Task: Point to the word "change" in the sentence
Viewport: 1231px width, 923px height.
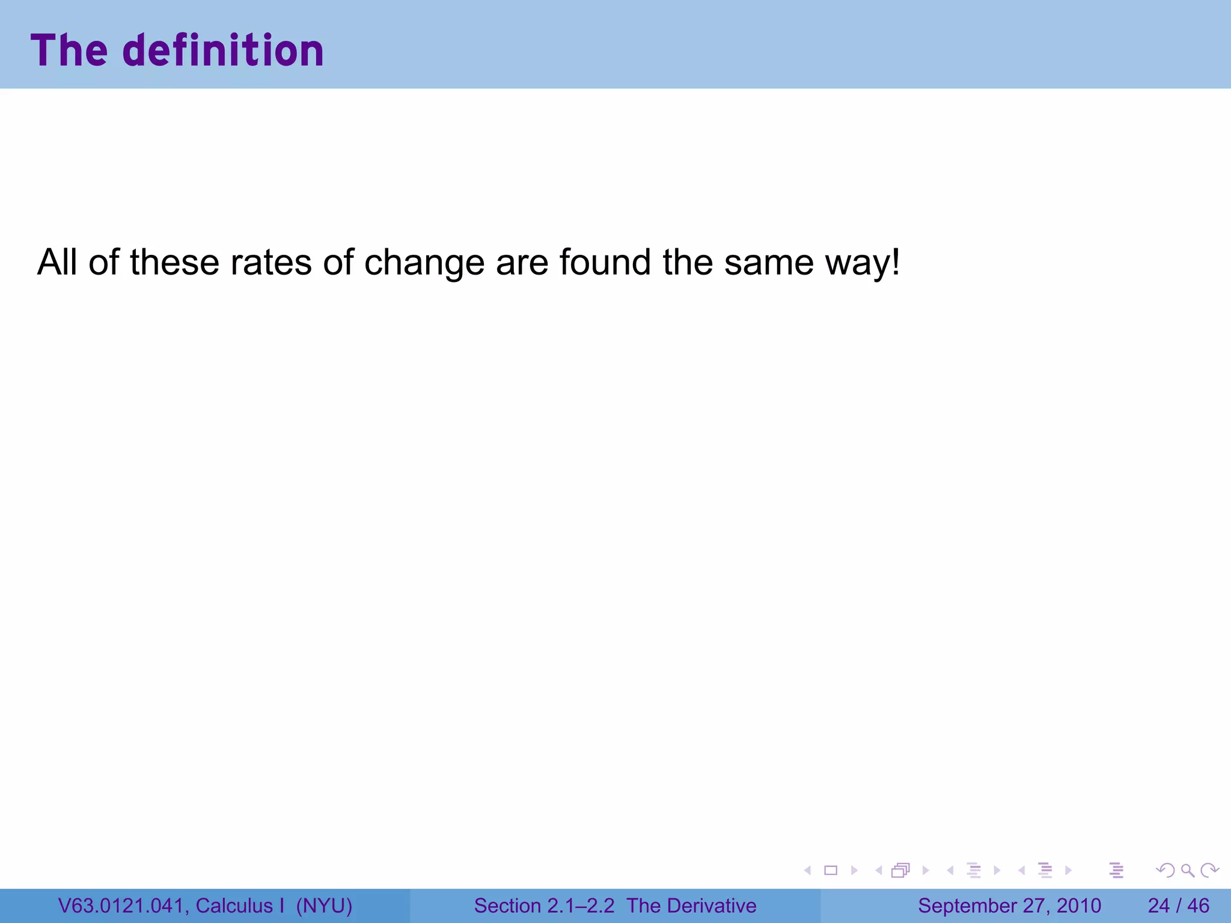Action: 424,264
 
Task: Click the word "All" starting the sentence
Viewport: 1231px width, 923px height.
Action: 57,263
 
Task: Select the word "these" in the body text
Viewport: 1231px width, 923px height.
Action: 174,263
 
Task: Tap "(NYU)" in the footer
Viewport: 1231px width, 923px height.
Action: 324,906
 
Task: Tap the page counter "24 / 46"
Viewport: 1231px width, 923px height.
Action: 1178,906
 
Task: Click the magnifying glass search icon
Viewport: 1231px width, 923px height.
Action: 1187,870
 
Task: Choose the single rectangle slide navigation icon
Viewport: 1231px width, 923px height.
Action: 831,870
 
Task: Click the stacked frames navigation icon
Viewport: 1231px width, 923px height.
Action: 900,870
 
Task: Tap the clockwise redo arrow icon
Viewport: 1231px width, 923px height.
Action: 1209,870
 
